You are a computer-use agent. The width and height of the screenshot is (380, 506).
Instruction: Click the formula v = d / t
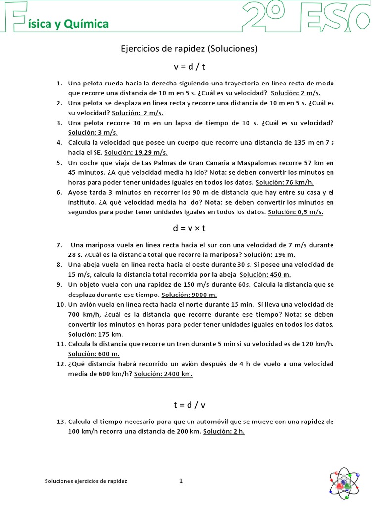click(190, 67)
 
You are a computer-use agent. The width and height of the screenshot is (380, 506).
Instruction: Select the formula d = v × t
click(190, 228)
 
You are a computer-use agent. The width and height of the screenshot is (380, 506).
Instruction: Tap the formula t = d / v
click(190, 405)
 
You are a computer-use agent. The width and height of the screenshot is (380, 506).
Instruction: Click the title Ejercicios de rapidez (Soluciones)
click(190, 49)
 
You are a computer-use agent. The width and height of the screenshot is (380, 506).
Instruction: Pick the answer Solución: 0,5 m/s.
click(295, 212)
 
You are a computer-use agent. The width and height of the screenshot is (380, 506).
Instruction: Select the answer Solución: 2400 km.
click(163, 374)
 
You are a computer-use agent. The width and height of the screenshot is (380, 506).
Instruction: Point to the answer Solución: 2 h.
click(224, 431)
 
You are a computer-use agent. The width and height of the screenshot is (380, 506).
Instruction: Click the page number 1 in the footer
click(181, 480)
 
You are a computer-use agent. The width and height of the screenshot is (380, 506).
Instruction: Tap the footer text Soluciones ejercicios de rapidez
click(86, 481)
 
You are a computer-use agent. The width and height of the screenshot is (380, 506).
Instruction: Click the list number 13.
click(61, 422)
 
